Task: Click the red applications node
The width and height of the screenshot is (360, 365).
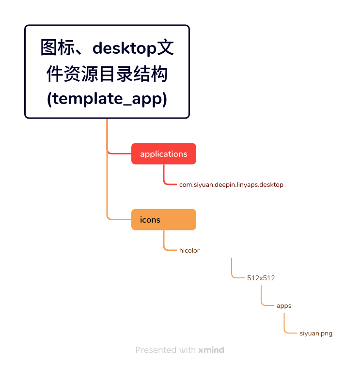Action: pyautogui.click(x=164, y=153)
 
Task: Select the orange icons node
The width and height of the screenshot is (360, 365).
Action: pyautogui.click(x=164, y=219)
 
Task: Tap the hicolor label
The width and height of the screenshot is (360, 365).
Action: pyautogui.click(x=189, y=250)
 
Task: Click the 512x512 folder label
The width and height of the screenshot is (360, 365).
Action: pyautogui.click(x=261, y=278)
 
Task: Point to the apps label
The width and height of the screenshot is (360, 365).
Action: pyautogui.click(x=284, y=306)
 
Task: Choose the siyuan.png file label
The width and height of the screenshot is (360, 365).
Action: pyautogui.click(x=316, y=334)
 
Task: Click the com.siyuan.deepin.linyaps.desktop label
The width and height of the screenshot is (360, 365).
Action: pyautogui.click(x=231, y=184)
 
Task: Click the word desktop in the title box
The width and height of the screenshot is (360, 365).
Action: pyautogui.click(x=125, y=48)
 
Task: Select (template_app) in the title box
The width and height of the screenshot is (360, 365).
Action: pyautogui.click(x=107, y=99)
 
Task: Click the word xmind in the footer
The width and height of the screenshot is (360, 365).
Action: pyautogui.click(x=211, y=350)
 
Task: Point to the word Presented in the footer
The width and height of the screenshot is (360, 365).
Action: pyautogui.click(x=156, y=350)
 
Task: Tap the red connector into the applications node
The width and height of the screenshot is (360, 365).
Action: pyautogui.click(x=119, y=153)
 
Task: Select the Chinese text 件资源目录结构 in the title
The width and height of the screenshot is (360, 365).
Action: pyautogui.click(x=107, y=74)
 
